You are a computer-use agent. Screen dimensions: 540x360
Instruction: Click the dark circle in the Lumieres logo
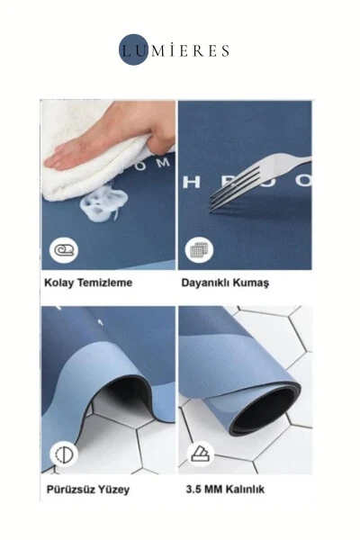click(x=134, y=50)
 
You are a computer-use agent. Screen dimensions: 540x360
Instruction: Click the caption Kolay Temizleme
click(x=88, y=282)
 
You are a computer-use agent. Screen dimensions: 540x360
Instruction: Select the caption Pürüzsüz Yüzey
click(x=87, y=490)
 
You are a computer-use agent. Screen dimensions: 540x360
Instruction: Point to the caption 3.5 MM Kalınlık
click(x=229, y=490)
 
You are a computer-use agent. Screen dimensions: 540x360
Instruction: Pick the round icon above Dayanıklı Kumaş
click(x=199, y=249)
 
